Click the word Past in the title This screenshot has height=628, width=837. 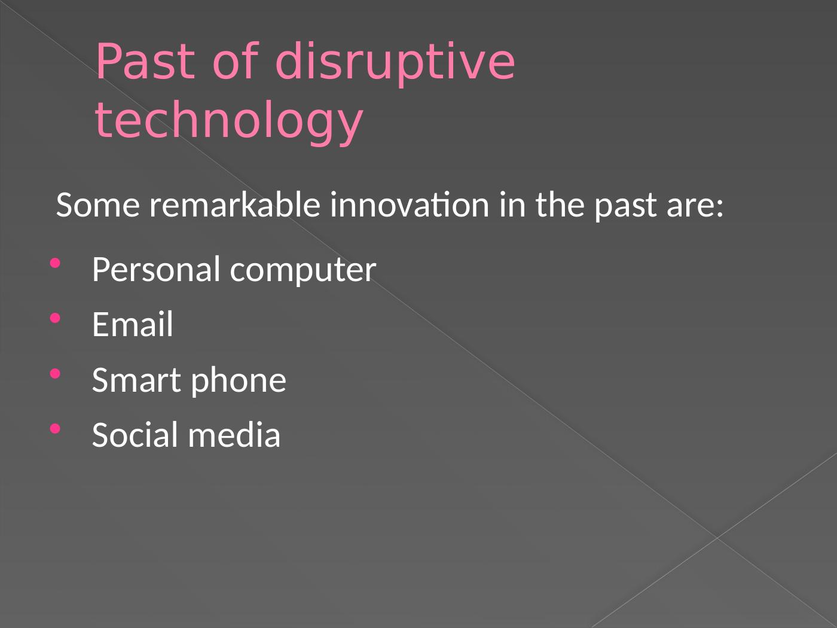point(146,61)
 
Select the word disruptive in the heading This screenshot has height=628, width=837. point(395,63)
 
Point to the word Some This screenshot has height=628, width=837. point(98,205)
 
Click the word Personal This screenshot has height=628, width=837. point(157,269)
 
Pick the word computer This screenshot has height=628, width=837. point(303,272)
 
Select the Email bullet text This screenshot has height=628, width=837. point(133,324)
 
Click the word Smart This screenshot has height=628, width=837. point(136,380)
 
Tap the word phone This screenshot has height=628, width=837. point(239,382)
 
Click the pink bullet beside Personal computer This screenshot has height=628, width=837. point(55,263)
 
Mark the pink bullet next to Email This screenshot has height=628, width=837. point(55,318)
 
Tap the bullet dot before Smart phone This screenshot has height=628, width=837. point(55,374)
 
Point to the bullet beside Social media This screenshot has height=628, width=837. point(55,429)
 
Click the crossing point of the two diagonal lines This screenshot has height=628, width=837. point(717,538)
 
